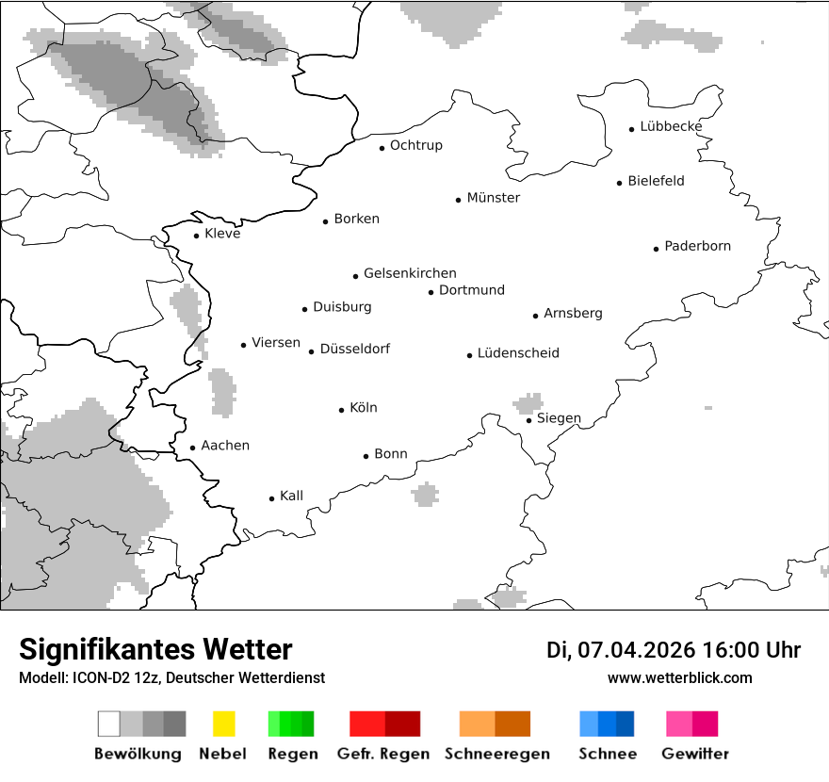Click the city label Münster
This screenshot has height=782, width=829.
coord(493,198)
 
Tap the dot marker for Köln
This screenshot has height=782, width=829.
coord(342,410)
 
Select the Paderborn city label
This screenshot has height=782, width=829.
coord(697,246)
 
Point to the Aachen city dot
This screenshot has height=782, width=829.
coord(192,448)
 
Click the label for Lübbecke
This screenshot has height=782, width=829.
coord(671,126)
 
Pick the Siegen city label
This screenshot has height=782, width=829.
coord(559,418)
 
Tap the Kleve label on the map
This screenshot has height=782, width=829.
coord(222,234)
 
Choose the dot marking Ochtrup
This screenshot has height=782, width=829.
coord(382,147)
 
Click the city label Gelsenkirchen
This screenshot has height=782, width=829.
coord(410,273)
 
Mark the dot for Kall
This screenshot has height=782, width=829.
coord(271,498)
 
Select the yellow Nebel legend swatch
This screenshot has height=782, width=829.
coord(223,724)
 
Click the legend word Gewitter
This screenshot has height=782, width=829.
coord(695,754)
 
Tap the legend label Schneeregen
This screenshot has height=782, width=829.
coord(496,754)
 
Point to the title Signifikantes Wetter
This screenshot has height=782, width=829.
coord(155,649)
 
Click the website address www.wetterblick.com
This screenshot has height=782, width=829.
coord(679,677)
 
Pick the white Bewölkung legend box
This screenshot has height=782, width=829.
coord(109,724)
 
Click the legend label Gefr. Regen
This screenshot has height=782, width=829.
coord(383,754)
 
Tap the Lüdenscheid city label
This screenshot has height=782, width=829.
coord(518,353)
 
